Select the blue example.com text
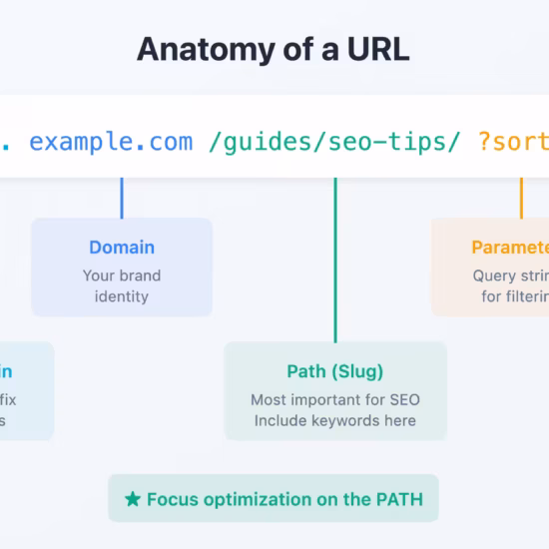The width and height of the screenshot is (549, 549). (x=111, y=142)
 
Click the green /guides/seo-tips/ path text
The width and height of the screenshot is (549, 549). (x=334, y=142)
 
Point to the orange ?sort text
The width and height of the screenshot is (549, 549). (x=513, y=142)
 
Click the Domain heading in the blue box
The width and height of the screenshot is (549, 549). (x=122, y=248)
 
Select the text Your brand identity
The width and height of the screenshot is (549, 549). (x=122, y=285)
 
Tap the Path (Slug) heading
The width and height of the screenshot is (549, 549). (x=335, y=371)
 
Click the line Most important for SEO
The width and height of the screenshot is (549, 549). (x=335, y=400)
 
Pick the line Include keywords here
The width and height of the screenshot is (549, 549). (x=335, y=420)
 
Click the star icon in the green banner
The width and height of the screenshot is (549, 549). (x=133, y=499)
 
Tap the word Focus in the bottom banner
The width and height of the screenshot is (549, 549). (x=171, y=499)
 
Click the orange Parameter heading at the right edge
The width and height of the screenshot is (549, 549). (x=509, y=248)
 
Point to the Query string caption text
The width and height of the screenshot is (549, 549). (x=510, y=275)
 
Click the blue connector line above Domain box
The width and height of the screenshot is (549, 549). (x=122, y=198)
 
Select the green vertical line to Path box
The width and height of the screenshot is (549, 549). (x=335, y=260)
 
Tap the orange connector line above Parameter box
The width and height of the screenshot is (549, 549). (x=520, y=198)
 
